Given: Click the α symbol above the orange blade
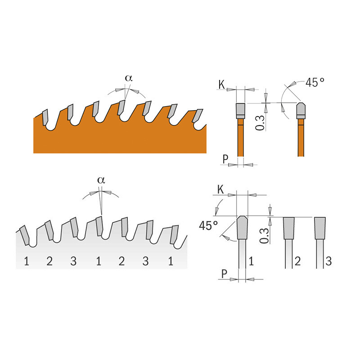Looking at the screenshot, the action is [x=129, y=78].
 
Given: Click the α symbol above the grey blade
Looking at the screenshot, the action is [x=101, y=180].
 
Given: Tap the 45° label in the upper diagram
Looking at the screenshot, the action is [x=315, y=82].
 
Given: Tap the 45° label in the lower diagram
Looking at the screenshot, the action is [x=208, y=225].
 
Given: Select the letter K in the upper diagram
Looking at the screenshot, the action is [x=221, y=85].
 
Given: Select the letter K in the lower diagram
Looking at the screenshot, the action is [x=220, y=189].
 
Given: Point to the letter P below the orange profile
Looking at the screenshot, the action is [x=225, y=159].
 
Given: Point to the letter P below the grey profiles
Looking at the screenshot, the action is [x=224, y=274].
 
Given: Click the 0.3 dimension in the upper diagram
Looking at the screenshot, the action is [x=260, y=123].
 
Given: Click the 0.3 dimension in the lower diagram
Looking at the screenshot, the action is [x=264, y=235].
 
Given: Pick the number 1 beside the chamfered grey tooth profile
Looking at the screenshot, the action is [x=252, y=261].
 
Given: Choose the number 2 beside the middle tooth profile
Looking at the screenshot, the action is [x=297, y=261].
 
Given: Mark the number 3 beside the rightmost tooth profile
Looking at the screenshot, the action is [x=328, y=261].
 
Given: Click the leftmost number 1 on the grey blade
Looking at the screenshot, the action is [x=27, y=261].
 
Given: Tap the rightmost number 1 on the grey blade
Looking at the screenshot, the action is [x=171, y=261].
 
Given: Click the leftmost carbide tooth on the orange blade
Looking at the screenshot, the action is [x=45, y=117].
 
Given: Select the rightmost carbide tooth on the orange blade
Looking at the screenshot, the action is [x=197, y=116].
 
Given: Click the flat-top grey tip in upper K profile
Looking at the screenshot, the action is [x=240, y=111].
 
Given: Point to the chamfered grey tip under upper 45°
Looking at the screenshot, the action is [x=301, y=110].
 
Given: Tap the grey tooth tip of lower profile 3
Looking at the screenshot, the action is [x=320, y=228].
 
